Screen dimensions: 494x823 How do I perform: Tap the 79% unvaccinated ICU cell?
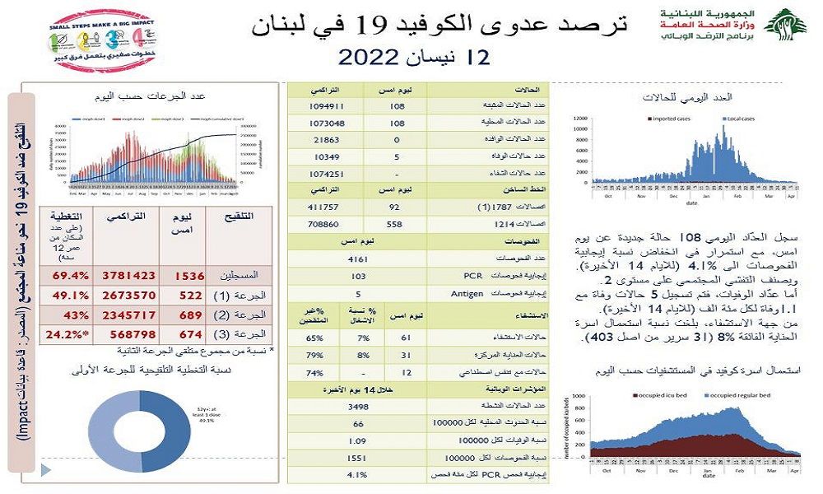point(312,355)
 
